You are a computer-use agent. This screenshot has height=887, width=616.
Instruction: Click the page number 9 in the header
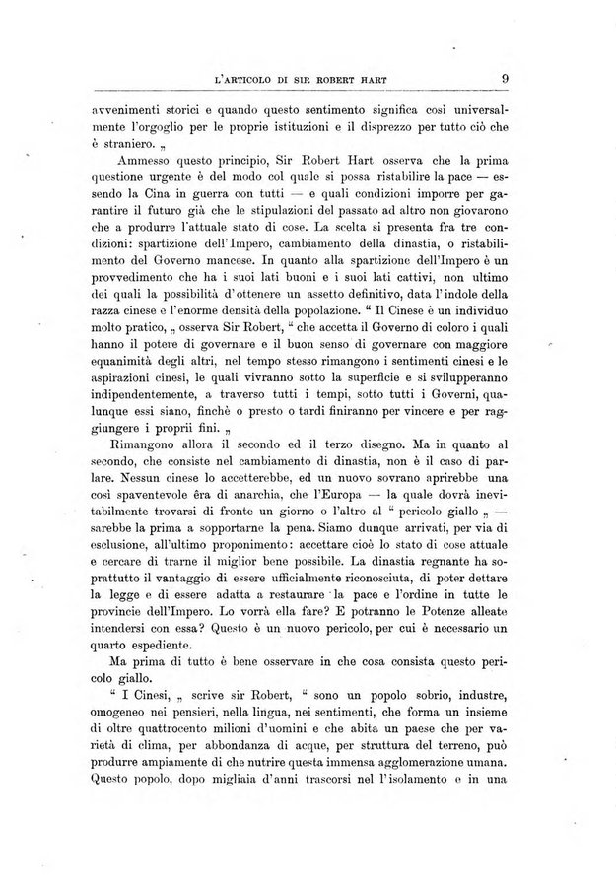pyautogui.click(x=504, y=81)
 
